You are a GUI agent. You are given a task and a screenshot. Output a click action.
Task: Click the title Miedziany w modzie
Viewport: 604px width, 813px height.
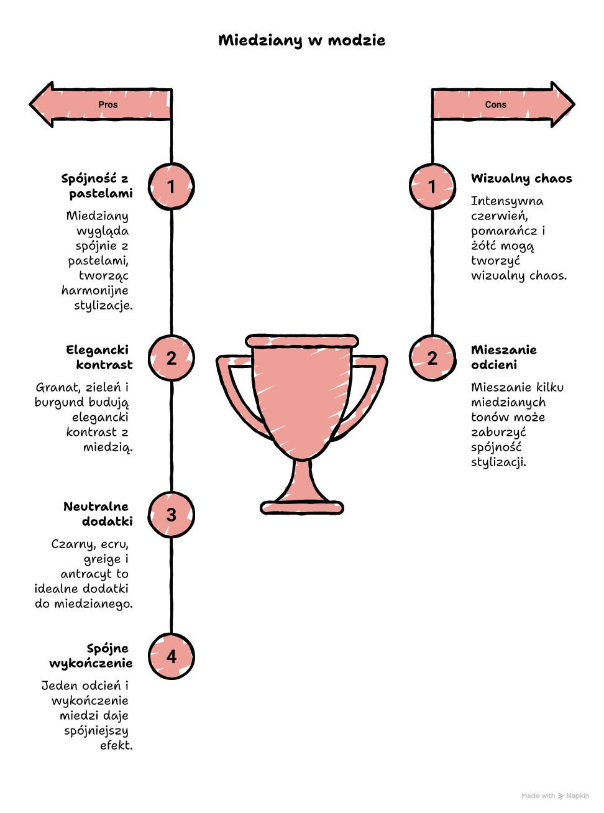[x=301, y=40]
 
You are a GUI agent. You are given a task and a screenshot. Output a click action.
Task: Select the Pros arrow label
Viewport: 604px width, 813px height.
[x=108, y=104]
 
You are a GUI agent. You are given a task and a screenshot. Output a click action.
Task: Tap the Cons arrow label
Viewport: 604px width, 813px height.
[x=495, y=104]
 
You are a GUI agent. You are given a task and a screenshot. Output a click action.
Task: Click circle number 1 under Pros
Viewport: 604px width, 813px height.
[x=171, y=186]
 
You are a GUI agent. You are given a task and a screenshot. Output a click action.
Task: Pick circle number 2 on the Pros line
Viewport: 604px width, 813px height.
[x=171, y=358]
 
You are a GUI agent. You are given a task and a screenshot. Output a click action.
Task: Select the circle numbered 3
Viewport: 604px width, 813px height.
[x=171, y=515]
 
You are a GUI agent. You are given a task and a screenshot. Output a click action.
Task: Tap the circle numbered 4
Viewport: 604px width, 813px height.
[x=171, y=656]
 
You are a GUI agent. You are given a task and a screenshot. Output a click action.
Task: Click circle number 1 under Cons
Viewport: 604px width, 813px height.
[x=432, y=186]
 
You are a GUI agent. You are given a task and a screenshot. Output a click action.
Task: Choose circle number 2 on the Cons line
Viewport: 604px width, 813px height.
[x=432, y=358]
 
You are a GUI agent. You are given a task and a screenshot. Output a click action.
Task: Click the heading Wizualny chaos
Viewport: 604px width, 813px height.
[x=521, y=178]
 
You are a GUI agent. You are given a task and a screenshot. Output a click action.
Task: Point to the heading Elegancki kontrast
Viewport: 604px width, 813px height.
[x=99, y=357]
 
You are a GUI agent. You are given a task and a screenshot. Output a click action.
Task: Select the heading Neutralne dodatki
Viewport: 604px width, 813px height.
[x=98, y=513]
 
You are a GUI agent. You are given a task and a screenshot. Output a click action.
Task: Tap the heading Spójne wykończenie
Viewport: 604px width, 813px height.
[x=91, y=656]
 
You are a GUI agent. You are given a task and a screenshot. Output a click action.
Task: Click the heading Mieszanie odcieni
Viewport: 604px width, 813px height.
[x=504, y=357]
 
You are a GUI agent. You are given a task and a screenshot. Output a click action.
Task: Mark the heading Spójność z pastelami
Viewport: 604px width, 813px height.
[x=97, y=186]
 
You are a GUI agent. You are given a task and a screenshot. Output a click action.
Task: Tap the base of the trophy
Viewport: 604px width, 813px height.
[x=301, y=507]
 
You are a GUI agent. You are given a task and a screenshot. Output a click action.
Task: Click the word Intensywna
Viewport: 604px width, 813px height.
[x=507, y=201]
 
